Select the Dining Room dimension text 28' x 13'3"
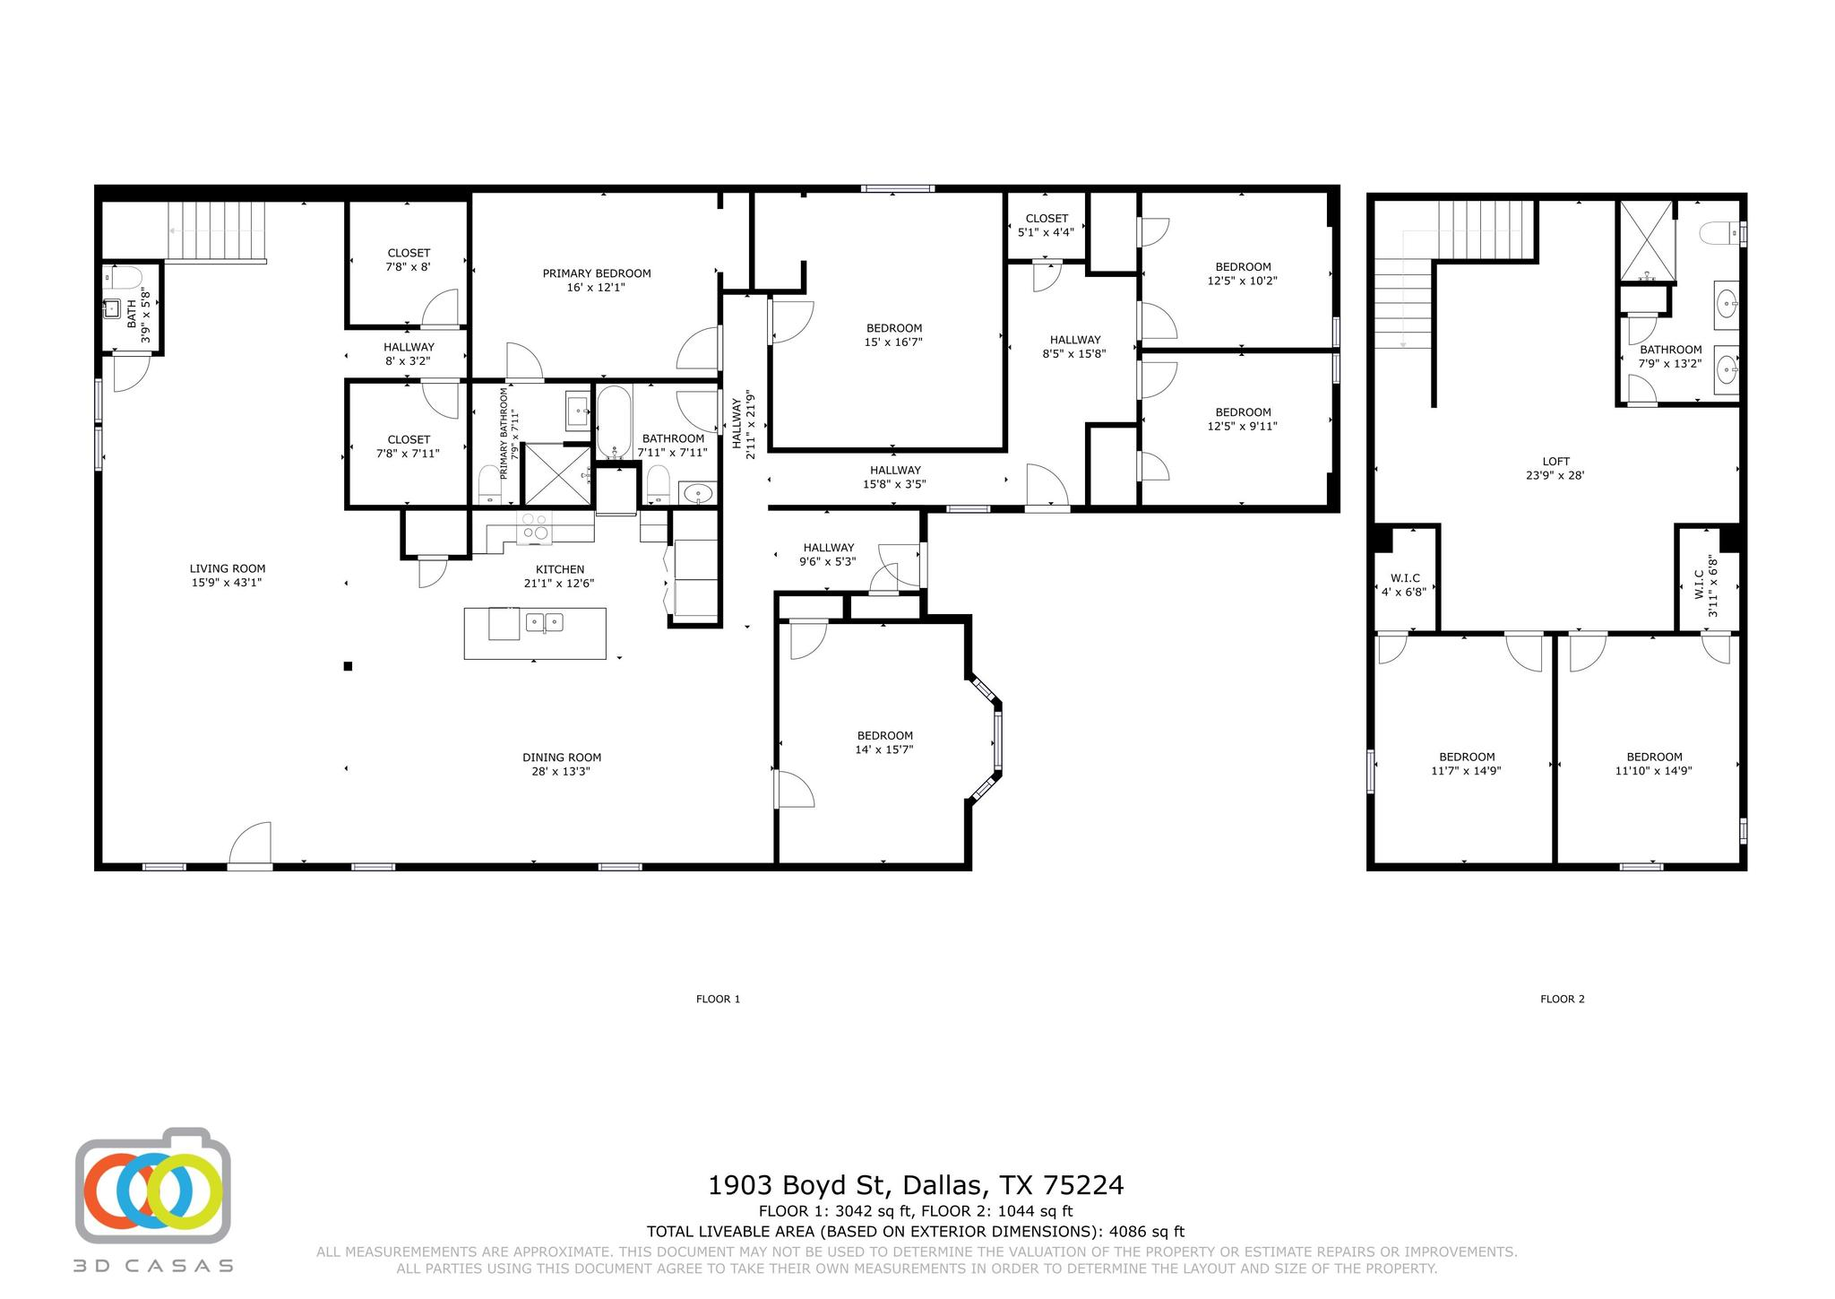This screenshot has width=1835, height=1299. pos(561,771)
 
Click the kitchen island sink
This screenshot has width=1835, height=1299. pos(544,621)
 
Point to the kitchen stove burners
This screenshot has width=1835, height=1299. pos(535,527)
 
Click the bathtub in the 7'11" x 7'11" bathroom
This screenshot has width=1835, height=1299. pos(614,420)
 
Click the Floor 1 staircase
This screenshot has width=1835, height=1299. pos(217,230)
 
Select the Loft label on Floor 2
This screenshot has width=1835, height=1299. pos(1556,462)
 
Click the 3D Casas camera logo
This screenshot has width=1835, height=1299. pos(153,1185)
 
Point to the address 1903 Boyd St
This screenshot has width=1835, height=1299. pos(799,1185)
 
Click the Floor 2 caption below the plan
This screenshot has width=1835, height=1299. pos(1563,999)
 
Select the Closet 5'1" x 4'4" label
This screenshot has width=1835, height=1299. pos(1047,225)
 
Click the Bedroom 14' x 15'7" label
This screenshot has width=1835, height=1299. pos(884,742)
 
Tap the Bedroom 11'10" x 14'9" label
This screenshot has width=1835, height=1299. pos(1654,763)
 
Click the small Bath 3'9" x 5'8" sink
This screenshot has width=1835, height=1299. pos(112,309)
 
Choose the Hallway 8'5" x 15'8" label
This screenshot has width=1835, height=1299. pos(1075,346)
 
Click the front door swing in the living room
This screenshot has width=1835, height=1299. pos(250,843)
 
